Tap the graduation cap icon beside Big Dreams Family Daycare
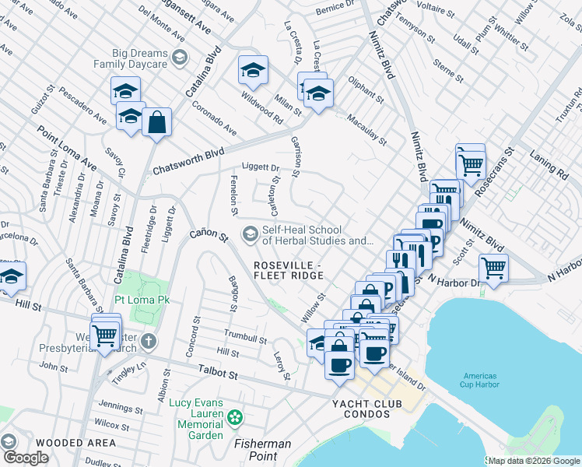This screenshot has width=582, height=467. pos(180,57)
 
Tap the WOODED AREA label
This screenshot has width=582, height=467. pos(54,442)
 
